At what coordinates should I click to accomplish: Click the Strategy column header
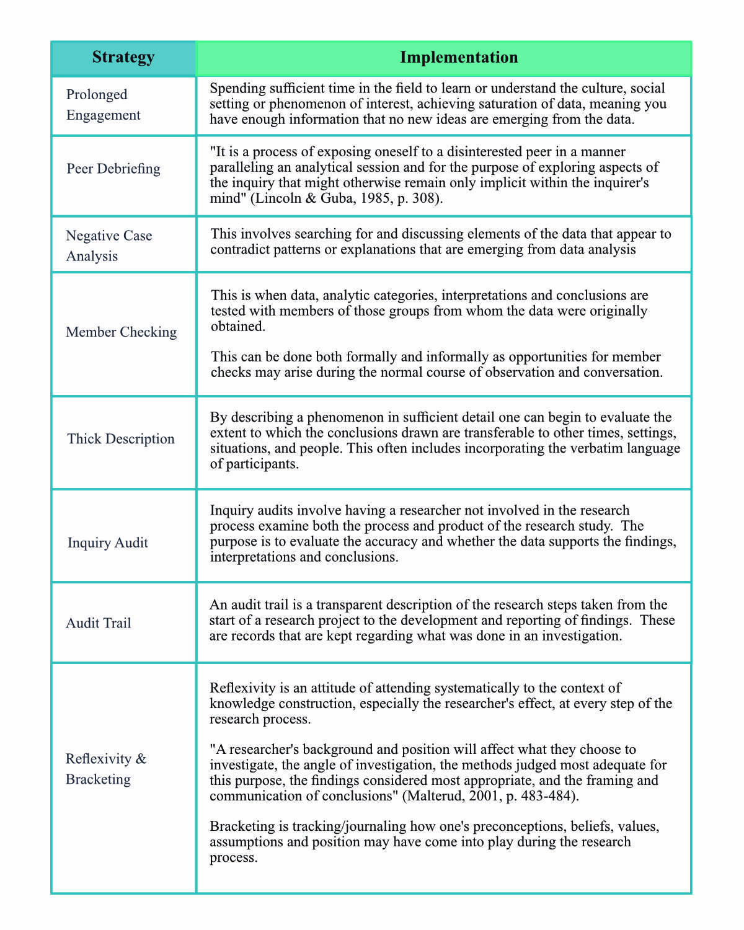[x=123, y=58]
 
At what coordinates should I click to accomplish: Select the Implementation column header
[x=458, y=58]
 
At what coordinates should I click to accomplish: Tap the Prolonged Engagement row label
[x=103, y=105]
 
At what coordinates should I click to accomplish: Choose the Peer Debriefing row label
[x=113, y=169]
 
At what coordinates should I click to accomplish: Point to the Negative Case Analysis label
[x=108, y=246]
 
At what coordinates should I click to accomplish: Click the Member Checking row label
[x=121, y=332]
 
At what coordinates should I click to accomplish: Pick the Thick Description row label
[x=121, y=439]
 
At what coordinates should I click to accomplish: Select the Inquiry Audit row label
[x=108, y=543]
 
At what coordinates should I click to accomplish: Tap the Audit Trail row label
[x=99, y=624]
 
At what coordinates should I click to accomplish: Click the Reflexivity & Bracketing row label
[x=106, y=769]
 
